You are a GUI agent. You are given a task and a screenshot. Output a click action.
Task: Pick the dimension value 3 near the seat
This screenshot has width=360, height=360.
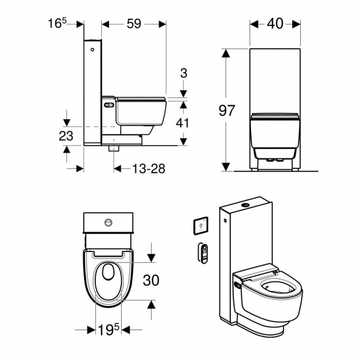[x=184, y=73]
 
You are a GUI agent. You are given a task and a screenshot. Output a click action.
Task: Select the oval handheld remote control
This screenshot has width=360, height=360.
[x=204, y=252]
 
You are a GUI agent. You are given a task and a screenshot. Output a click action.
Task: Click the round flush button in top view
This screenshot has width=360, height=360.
[x=109, y=224]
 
